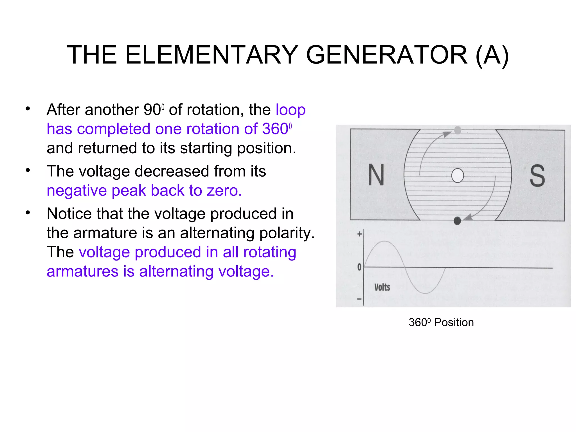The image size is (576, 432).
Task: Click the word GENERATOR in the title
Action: point(387,55)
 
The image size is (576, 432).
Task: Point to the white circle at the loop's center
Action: point(458,175)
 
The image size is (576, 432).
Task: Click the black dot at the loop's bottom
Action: point(457,221)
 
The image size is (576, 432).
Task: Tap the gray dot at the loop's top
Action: point(458,130)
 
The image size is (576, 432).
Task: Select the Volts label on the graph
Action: point(382,287)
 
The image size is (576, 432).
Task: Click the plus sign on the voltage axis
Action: point(359,234)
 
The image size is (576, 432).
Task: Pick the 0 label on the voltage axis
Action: point(359,267)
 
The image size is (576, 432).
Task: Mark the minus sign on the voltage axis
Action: point(359,299)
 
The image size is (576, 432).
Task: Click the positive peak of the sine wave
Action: point(384,242)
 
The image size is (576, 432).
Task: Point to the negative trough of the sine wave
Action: point(426,293)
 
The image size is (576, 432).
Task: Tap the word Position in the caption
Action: point(454,323)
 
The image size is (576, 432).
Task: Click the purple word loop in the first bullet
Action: point(290,110)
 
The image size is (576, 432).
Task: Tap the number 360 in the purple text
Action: point(275,129)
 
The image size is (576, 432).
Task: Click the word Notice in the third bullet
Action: point(69,213)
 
